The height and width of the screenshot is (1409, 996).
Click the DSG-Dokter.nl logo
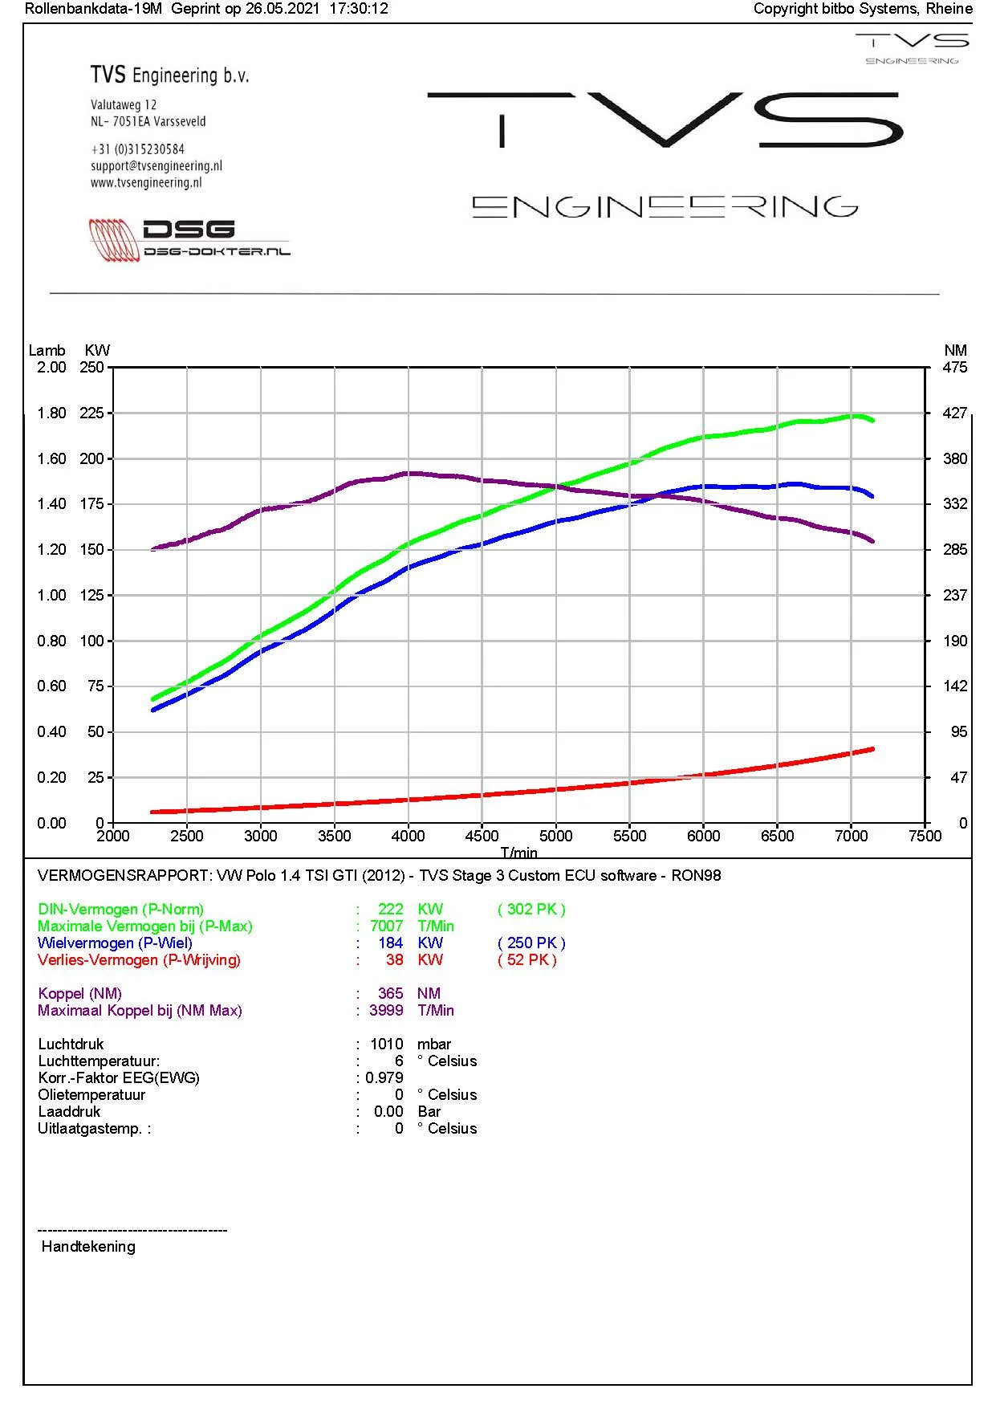click(189, 239)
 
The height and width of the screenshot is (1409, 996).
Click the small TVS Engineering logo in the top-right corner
click(912, 49)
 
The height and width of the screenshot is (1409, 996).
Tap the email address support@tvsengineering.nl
click(157, 166)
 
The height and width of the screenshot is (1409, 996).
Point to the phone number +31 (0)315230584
click(137, 149)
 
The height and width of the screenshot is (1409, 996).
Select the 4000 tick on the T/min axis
click(408, 836)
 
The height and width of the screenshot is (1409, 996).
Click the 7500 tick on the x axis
click(925, 836)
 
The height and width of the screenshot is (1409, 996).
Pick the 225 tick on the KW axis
click(91, 413)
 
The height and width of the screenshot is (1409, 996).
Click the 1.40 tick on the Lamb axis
click(51, 504)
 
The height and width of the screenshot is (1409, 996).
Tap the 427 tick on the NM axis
click(955, 413)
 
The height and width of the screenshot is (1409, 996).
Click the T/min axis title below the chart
click(519, 852)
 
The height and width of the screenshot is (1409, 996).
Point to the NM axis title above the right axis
click(955, 350)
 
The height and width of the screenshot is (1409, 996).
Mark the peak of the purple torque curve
click(409, 473)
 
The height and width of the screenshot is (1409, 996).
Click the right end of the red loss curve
click(872, 749)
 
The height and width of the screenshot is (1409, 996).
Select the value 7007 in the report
click(386, 926)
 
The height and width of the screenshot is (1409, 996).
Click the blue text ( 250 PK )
click(531, 943)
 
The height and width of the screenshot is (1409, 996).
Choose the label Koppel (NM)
click(79, 993)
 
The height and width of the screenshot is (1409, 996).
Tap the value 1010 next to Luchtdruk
click(386, 1044)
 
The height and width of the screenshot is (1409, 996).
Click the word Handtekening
click(88, 1246)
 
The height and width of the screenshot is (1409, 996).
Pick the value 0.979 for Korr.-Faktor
click(384, 1077)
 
